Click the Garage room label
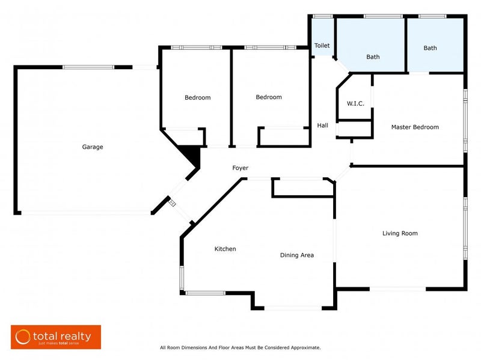93,147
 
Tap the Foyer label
240,168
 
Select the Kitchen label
225,249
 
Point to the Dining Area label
297,255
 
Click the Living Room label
400,233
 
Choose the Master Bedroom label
415,127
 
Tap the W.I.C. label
355,103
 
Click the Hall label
323,126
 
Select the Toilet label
322,45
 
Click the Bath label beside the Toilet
373,57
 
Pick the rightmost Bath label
430,48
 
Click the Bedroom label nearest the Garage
197,97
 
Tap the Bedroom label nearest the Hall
268,97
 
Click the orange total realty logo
56,337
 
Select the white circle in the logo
23,337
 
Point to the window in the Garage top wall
88,67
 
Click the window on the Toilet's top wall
322,16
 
